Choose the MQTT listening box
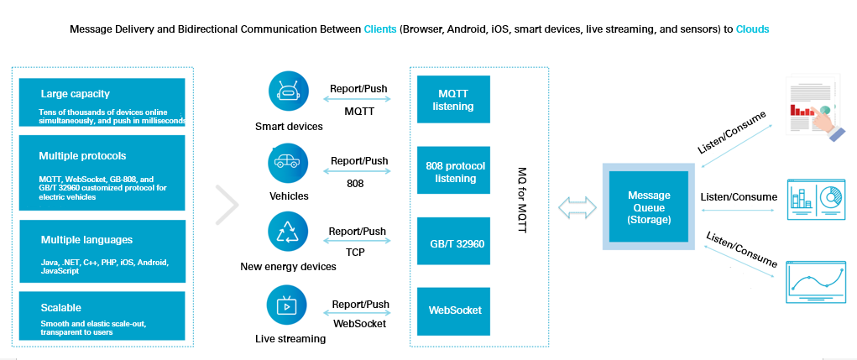coord(453,100)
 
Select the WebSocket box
coord(453,310)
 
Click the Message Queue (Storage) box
coord(649,206)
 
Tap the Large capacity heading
coord(75,94)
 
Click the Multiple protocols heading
coord(82,156)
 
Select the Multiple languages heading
coord(85,240)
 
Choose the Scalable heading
coord(60,307)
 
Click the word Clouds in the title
coord(752,29)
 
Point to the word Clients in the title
coord(380,29)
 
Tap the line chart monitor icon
coord(814,282)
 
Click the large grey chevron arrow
coord(227,206)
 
